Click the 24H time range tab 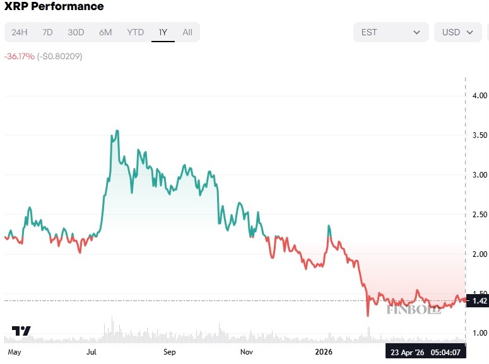pyautogui.click(x=20, y=32)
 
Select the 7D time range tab pyautogui.click(x=47, y=32)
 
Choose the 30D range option pyautogui.click(x=76, y=32)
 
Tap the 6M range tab pyautogui.click(x=105, y=32)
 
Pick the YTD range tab pyautogui.click(x=135, y=32)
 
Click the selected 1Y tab pyautogui.click(x=163, y=32)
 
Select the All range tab pyautogui.click(x=187, y=32)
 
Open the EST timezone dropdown pyautogui.click(x=391, y=32)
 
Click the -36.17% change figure pyautogui.click(x=19, y=56)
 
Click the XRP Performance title pyautogui.click(x=54, y=7)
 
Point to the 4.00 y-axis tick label pyautogui.click(x=480, y=96)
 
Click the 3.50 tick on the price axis pyautogui.click(x=480, y=135)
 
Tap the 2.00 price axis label pyautogui.click(x=480, y=254)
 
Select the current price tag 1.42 pyautogui.click(x=480, y=301)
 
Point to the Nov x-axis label pyautogui.click(x=246, y=352)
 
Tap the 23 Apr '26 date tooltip pyautogui.click(x=408, y=353)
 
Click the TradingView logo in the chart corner pyautogui.click(x=21, y=331)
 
